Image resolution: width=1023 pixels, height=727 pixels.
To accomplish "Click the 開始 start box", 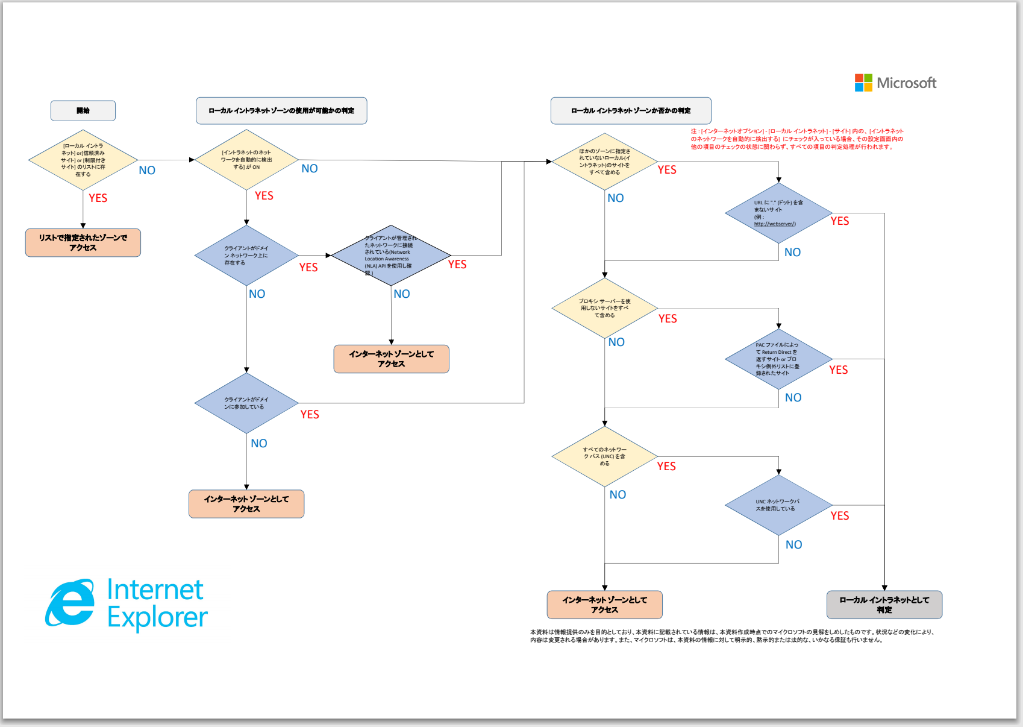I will coord(83,110).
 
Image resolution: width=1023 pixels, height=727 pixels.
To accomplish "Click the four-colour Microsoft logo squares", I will coord(863,83).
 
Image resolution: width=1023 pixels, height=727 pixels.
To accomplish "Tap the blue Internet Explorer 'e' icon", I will coord(70,603).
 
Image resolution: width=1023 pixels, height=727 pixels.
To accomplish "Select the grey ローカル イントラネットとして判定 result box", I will coord(884,605).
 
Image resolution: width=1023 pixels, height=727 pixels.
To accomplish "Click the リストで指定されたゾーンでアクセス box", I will coord(83,242).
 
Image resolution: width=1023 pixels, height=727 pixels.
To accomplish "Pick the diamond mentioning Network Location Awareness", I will coord(390,256).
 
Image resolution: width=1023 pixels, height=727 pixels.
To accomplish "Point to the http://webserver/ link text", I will coord(775,224).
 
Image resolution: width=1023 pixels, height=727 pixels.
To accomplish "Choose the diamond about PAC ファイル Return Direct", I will coord(778,359).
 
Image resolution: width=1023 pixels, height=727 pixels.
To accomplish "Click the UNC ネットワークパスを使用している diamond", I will coord(778,505).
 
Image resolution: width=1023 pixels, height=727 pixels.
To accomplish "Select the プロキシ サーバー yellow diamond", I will coord(604,308).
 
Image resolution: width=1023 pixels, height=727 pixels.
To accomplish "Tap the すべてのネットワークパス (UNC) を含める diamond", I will coord(604,456).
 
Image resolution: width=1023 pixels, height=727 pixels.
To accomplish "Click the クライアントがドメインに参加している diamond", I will coord(246,403).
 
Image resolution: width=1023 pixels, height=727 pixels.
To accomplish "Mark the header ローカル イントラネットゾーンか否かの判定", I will coord(631,110).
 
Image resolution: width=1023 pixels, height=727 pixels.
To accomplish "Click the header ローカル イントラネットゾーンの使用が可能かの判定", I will coord(281,110).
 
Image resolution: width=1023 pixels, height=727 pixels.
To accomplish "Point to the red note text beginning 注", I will coord(796,139).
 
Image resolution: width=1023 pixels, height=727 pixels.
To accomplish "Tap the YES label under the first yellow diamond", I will coord(98,198).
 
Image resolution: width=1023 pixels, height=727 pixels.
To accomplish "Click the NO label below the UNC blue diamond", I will coord(793,545).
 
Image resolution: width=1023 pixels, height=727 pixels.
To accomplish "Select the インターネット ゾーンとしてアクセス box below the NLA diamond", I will coord(391,359).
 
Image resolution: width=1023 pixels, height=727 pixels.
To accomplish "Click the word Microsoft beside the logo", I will coord(906,83).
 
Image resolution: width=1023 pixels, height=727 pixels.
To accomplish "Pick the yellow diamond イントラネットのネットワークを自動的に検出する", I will coord(246,160).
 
